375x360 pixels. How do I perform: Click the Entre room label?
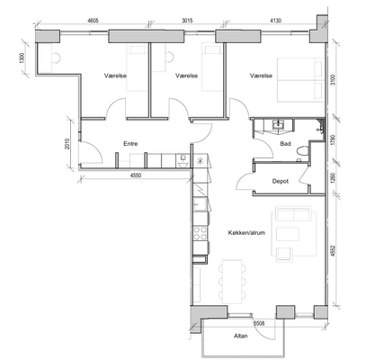click(130, 144)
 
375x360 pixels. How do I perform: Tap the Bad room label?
click(285, 144)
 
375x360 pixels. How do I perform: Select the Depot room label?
click(281, 181)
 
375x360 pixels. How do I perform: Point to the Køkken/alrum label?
click(246, 232)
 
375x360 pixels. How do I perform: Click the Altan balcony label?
click(241, 336)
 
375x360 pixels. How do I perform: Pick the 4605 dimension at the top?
click(93, 21)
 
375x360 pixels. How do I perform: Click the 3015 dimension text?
click(187, 21)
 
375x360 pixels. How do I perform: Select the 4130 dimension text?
click(275, 21)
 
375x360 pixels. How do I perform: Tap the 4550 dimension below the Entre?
click(136, 175)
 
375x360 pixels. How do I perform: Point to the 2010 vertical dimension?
click(67, 143)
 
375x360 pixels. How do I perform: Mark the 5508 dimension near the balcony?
click(259, 323)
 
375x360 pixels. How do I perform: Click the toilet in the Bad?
click(302, 150)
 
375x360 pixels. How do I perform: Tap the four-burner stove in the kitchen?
click(201, 233)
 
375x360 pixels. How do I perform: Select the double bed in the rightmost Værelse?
click(300, 80)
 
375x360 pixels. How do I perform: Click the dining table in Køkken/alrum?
click(232, 282)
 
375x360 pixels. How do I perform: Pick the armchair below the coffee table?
click(284, 254)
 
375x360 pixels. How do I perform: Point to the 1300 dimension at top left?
click(21, 58)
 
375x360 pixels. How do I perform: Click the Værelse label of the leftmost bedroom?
click(115, 76)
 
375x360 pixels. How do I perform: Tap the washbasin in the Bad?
click(279, 124)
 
